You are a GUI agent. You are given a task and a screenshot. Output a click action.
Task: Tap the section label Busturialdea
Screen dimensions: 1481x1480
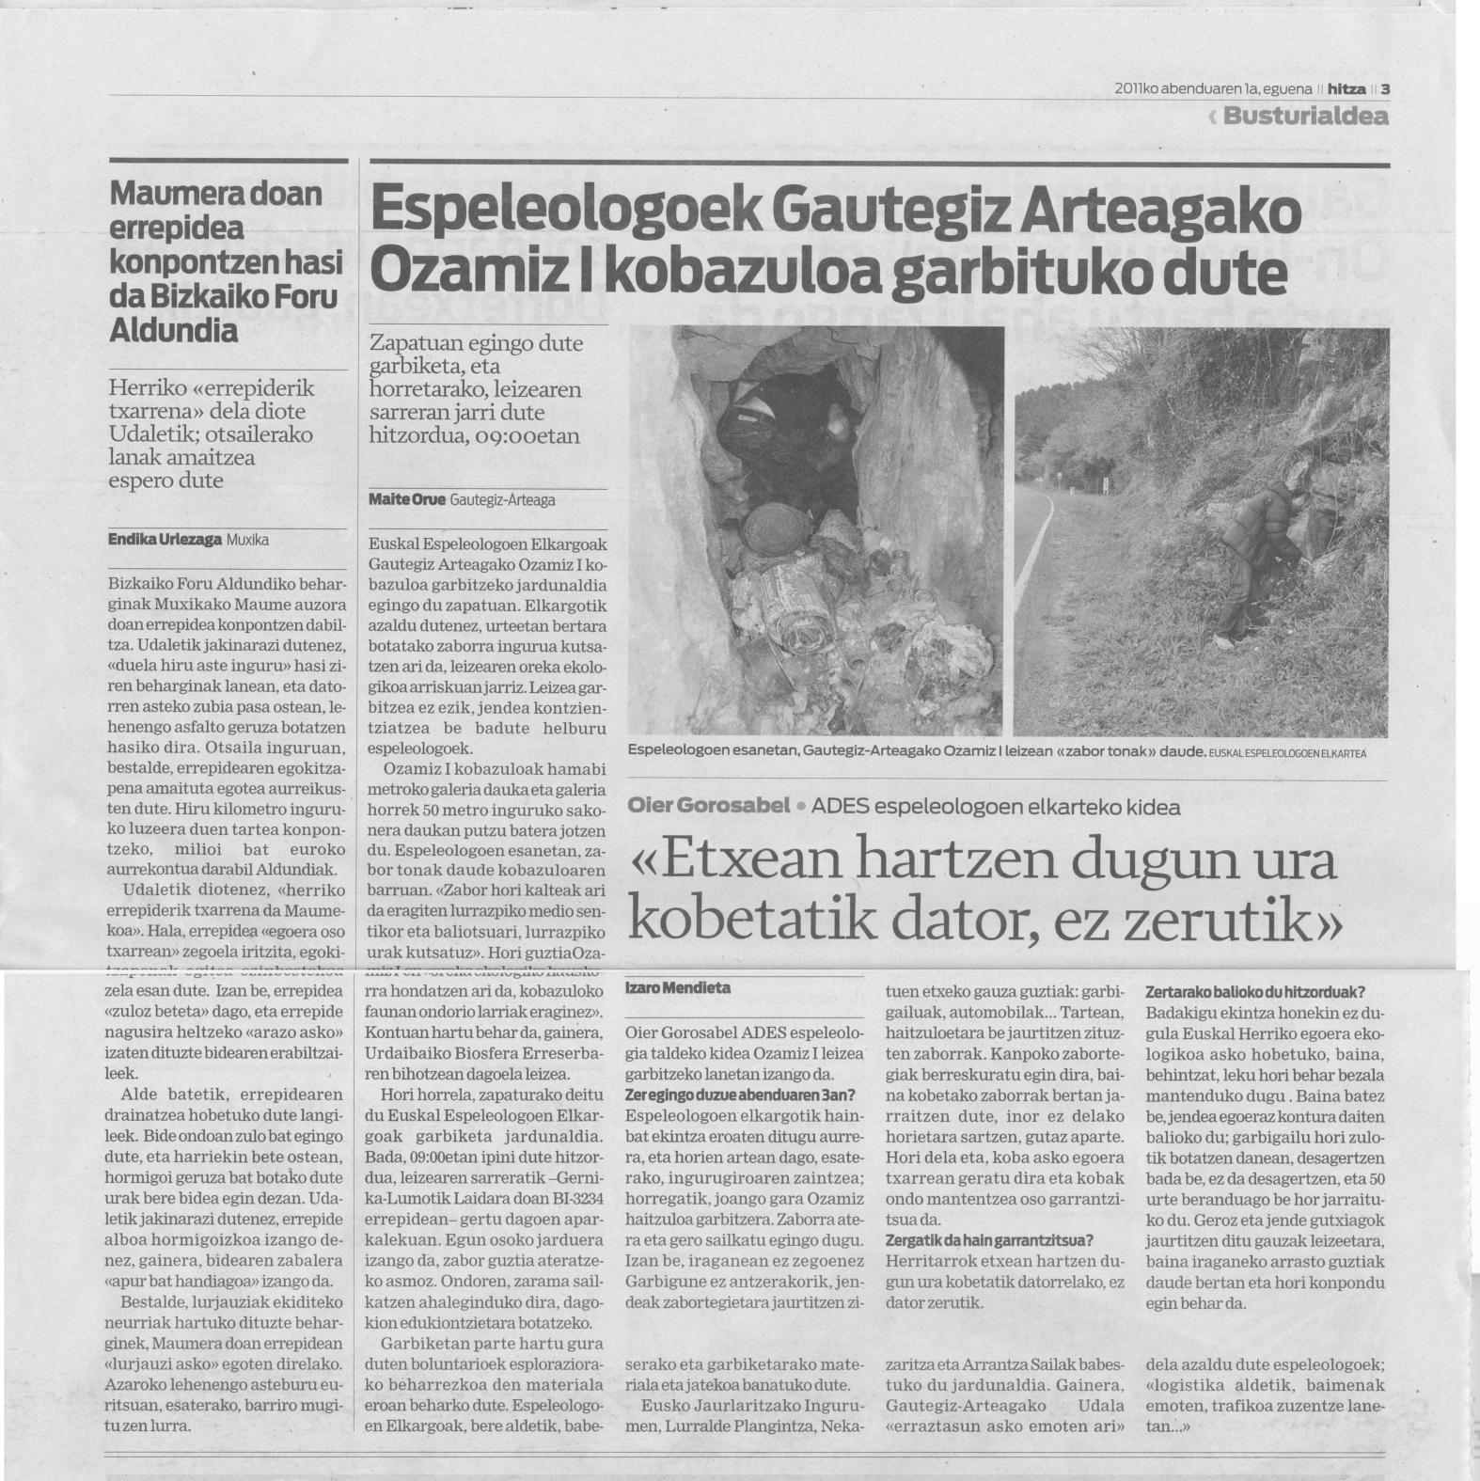click(x=1305, y=118)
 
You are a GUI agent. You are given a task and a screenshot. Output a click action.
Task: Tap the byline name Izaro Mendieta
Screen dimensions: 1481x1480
click(x=677, y=988)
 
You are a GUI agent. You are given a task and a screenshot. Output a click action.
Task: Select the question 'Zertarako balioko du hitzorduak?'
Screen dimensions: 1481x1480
click(x=1255, y=993)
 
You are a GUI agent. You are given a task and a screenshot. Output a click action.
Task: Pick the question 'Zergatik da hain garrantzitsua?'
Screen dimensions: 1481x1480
click(x=989, y=1240)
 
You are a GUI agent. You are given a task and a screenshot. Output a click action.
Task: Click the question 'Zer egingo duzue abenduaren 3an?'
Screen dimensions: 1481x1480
click(x=740, y=1095)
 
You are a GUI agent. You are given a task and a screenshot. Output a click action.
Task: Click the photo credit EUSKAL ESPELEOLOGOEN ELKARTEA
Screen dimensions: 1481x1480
click(x=1288, y=754)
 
